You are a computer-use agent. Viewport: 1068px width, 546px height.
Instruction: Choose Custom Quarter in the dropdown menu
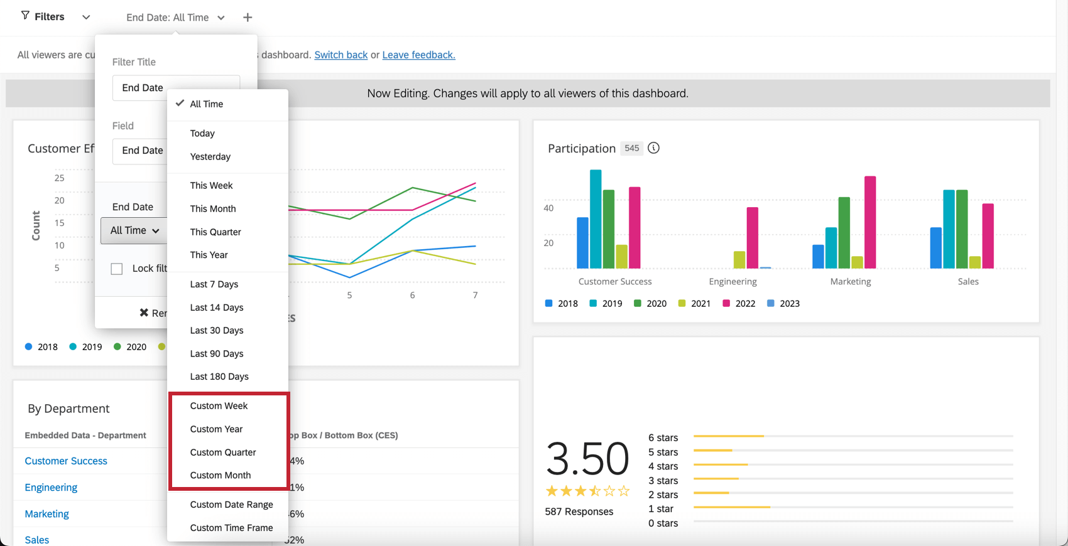223,452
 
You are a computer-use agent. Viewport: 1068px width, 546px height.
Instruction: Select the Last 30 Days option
217,330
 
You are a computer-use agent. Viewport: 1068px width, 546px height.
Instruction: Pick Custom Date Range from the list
231,505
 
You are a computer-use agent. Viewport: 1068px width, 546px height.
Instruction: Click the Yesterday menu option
210,156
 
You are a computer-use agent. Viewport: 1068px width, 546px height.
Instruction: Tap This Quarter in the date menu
215,232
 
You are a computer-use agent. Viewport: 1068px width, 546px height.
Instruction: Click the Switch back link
341,55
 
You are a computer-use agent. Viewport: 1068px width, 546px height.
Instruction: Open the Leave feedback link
418,55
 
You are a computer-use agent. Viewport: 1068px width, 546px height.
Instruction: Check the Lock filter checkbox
117,269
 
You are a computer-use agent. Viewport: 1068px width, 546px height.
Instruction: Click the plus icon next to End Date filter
248,18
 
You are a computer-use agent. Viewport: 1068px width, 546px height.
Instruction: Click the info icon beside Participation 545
653,148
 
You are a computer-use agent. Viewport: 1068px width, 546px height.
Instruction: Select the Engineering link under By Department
51,487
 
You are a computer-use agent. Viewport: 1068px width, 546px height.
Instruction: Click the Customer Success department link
66,461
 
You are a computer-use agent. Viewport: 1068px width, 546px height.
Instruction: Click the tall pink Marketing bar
870,222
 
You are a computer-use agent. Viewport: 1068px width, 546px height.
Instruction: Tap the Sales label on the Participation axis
967,281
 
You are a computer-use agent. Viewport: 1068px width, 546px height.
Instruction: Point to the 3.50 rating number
587,458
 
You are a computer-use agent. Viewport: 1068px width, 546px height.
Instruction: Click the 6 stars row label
663,437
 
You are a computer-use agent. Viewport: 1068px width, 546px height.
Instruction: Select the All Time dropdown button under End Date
134,230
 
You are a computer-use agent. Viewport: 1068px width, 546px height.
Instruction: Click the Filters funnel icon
25,16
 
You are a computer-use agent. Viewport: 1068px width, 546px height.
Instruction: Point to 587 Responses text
579,511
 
